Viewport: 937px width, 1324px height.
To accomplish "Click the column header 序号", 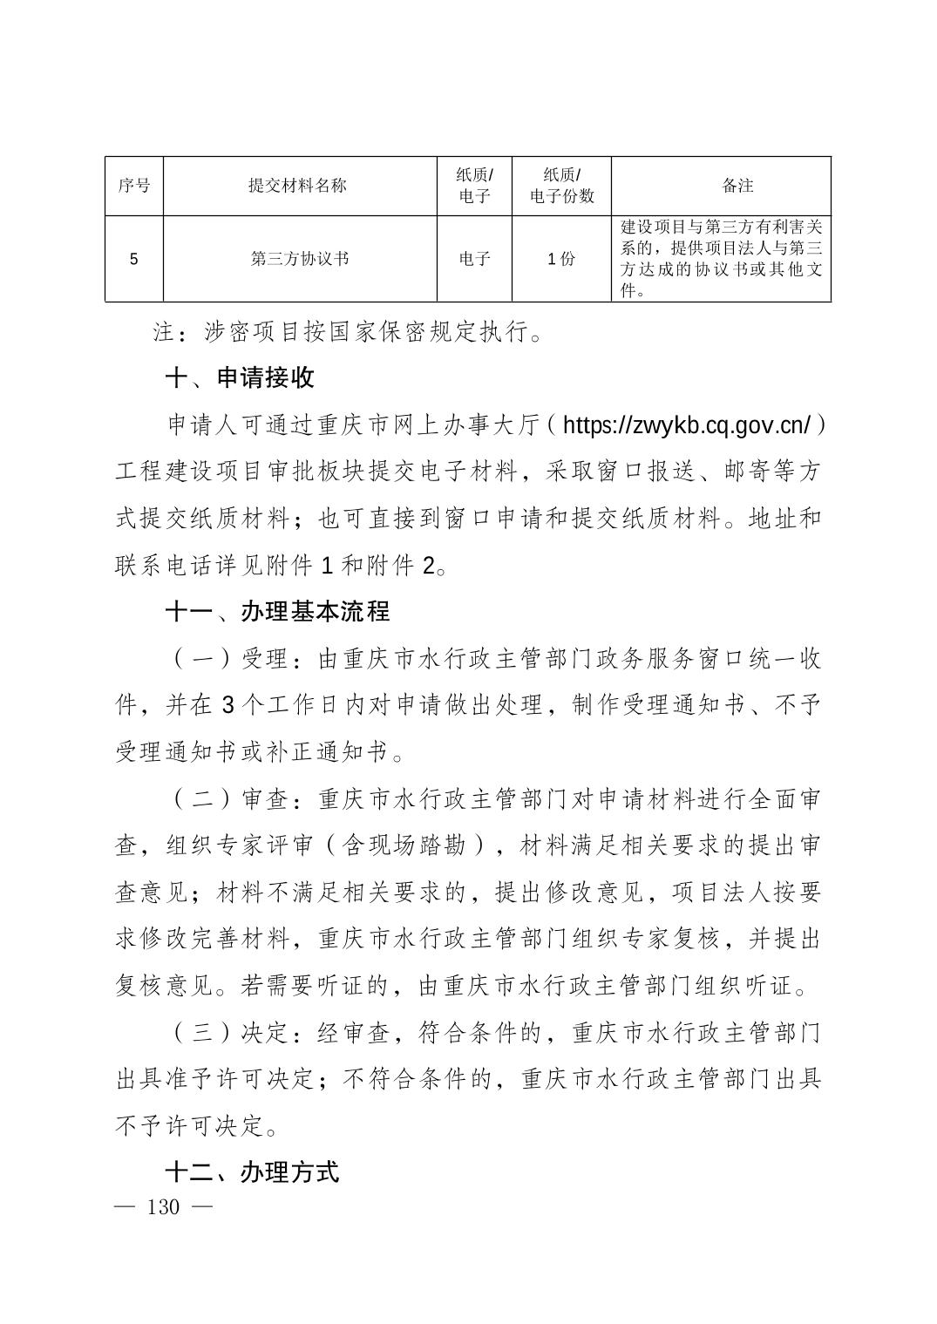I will pyautogui.click(x=133, y=186).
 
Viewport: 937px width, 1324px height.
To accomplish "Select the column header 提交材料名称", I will pyautogui.click(x=298, y=186).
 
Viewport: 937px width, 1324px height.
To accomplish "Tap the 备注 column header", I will pyautogui.click(x=737, y=186).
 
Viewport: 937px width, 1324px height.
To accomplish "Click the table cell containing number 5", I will pyautogui.click(x=133, y=259).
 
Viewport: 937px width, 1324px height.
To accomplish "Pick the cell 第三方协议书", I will pyautogui.click(x=299, y=259).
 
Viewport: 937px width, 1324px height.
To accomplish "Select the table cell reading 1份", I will pyautogui.click(x=561, y=259).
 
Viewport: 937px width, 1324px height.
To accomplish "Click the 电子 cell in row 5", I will pyautogui.click(x=475, y=259).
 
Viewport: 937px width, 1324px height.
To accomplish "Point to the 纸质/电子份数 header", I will pyautogui.click(x=561, y=186).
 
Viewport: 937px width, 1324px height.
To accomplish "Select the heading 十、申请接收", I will pyautogui.click(x=240, y=378).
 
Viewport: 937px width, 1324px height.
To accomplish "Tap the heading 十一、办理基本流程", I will pyautogui.click(x=277, y=612).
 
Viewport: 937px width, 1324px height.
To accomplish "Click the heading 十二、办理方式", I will pyautogui.click(x=252, y=1172).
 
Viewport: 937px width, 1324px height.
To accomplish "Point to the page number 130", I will pyautogui.click(x=164, y=1207).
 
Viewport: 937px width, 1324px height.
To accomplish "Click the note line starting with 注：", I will pyautogui.click(x=349, y=332).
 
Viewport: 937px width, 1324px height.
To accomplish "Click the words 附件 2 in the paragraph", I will pyautogui.click(x=404, y=566).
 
